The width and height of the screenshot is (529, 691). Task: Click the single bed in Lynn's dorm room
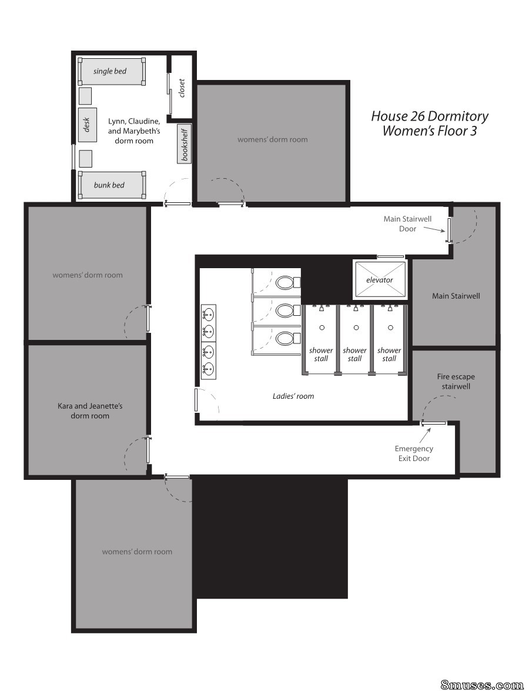click(x=112, y=71)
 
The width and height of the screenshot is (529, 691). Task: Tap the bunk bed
click(x=112, y=185)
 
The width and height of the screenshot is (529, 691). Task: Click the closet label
click(x=182, y=88)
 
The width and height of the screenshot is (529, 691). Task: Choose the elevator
click(x=380, y=280)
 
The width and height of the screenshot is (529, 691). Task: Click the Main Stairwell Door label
click(x=407, y=223)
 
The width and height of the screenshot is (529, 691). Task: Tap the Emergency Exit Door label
click(x=414, y=453)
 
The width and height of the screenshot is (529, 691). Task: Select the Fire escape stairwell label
click(x=456, y=381)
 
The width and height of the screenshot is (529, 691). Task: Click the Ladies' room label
click(x=293, y=396)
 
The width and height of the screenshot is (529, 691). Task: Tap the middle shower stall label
click(x=354, y=354)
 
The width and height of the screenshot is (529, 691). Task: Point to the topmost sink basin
click(x=208, y=314)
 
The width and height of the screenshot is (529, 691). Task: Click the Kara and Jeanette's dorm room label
click(x=90, y=410)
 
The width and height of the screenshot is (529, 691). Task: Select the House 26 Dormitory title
click(x=430, y=116)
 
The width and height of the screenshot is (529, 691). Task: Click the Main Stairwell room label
click(x=456, y=296)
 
